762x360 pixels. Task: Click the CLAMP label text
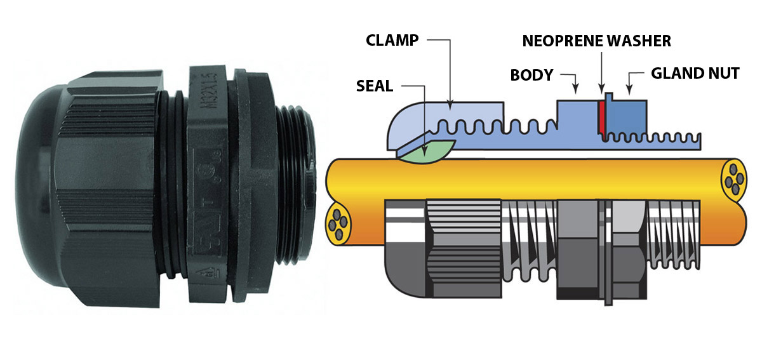click(392, 41)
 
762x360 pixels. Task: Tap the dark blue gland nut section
click(629, 114)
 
